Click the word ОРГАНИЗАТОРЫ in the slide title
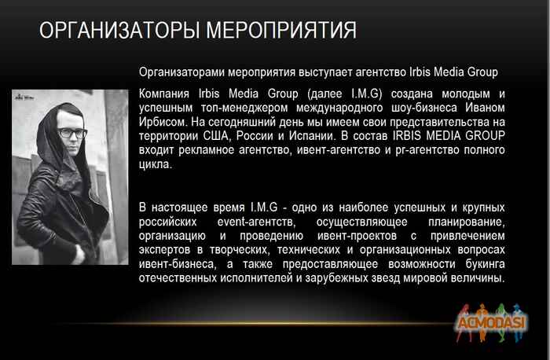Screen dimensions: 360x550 point(118,31)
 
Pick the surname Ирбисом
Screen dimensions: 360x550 point(162,123)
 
